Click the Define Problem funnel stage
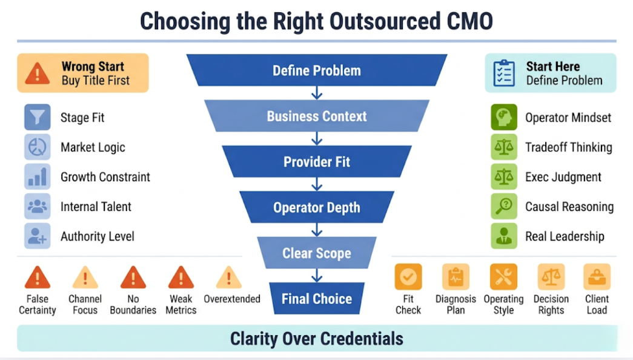(x=317, y=70)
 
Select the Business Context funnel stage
(x=317, y=116)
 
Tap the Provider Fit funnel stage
(x=317, y=162)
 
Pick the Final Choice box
(x=317, y=299)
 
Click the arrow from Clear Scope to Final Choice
(x=317, y=275)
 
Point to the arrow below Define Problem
(x=317, y=93)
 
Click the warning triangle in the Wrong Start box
(x=38, y=73)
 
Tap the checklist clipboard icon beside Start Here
(x=504, y=73)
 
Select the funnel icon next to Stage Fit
(x=38, y=117)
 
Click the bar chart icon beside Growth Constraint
(x=38, y=176)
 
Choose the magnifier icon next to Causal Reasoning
(x=504, y=206)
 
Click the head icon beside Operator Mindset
(x=504, y=117)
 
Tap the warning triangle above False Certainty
(x=38, y=277)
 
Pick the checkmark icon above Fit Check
(x=408, y=277)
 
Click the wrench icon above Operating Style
(x=503, y=277)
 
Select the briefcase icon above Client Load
(x=597, y=277)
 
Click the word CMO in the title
(x=470, y=21)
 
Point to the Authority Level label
(x=98, y=236)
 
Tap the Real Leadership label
(x=565, y=236)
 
